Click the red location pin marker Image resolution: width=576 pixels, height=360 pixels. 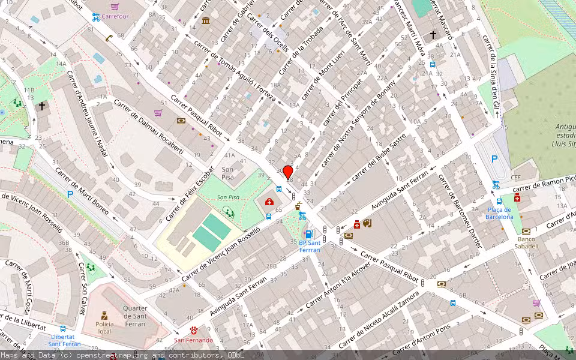pyautogui.click(x=288, y=172)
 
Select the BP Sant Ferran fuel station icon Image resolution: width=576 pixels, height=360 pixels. pyautogui.click(x=308, y=234)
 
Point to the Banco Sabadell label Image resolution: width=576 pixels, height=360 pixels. pyautogui.click(x=526, y=242)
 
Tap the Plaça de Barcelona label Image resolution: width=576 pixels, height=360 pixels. pyautogui.click(x=499, y=213)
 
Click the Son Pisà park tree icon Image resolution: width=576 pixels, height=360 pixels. pyautogui.click(x=228, y=211)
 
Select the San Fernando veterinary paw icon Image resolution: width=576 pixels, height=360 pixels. pyautogui.click(x=194, y=331)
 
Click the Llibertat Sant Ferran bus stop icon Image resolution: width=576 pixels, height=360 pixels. pyautogui.click(x=63, y=329)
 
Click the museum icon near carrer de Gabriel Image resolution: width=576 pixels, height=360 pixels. pyautogui.click(x=206, y=21)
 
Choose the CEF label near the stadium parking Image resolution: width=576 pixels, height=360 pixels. pyautogui.click(x=515, y=178)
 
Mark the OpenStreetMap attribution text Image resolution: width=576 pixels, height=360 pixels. pyautogui.click(x=122, y=355)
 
